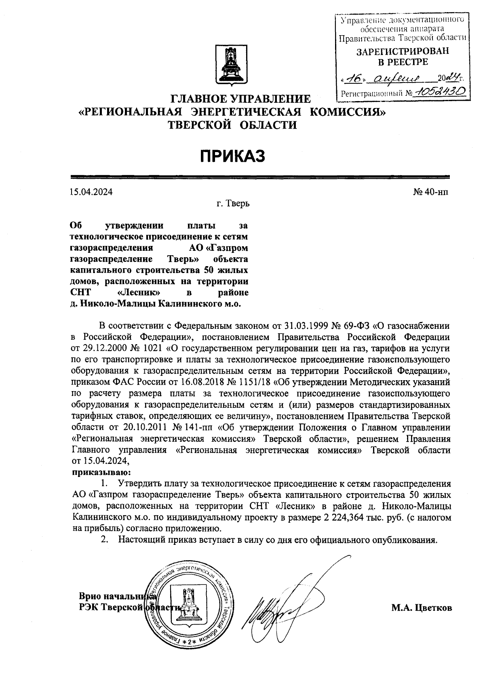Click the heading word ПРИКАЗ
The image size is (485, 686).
click(x=233, y=156)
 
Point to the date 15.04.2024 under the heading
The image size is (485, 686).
click(x=91, y=192)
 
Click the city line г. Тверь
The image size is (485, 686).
click(x=233, y=203)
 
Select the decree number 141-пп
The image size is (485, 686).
click(x=194, y=427)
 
